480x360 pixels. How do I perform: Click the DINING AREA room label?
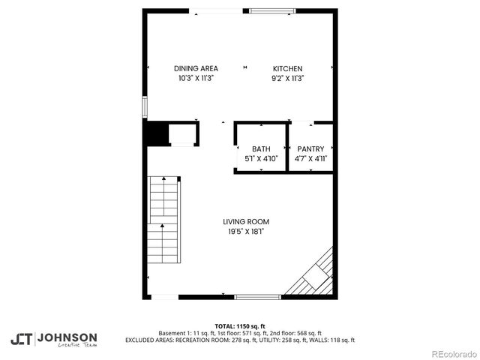click(196, 68)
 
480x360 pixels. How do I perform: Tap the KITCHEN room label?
click(287, 68)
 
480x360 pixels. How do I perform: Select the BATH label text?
click(261, 149)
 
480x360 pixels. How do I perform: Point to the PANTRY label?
click(310, 149)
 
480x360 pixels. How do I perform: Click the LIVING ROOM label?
click(246, 222)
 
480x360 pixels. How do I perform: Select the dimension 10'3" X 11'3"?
click(196, 78)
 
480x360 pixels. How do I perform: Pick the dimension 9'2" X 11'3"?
click(287, 78)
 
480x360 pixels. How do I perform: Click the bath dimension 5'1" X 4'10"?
click(261, 159)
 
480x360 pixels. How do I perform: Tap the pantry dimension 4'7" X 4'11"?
click(310, 159)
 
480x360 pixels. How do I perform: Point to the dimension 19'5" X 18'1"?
click(246, 232)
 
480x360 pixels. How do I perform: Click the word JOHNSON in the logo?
click(67, 337)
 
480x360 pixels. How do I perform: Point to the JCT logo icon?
click(21, 339)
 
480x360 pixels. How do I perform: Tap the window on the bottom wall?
click(259, 297)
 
